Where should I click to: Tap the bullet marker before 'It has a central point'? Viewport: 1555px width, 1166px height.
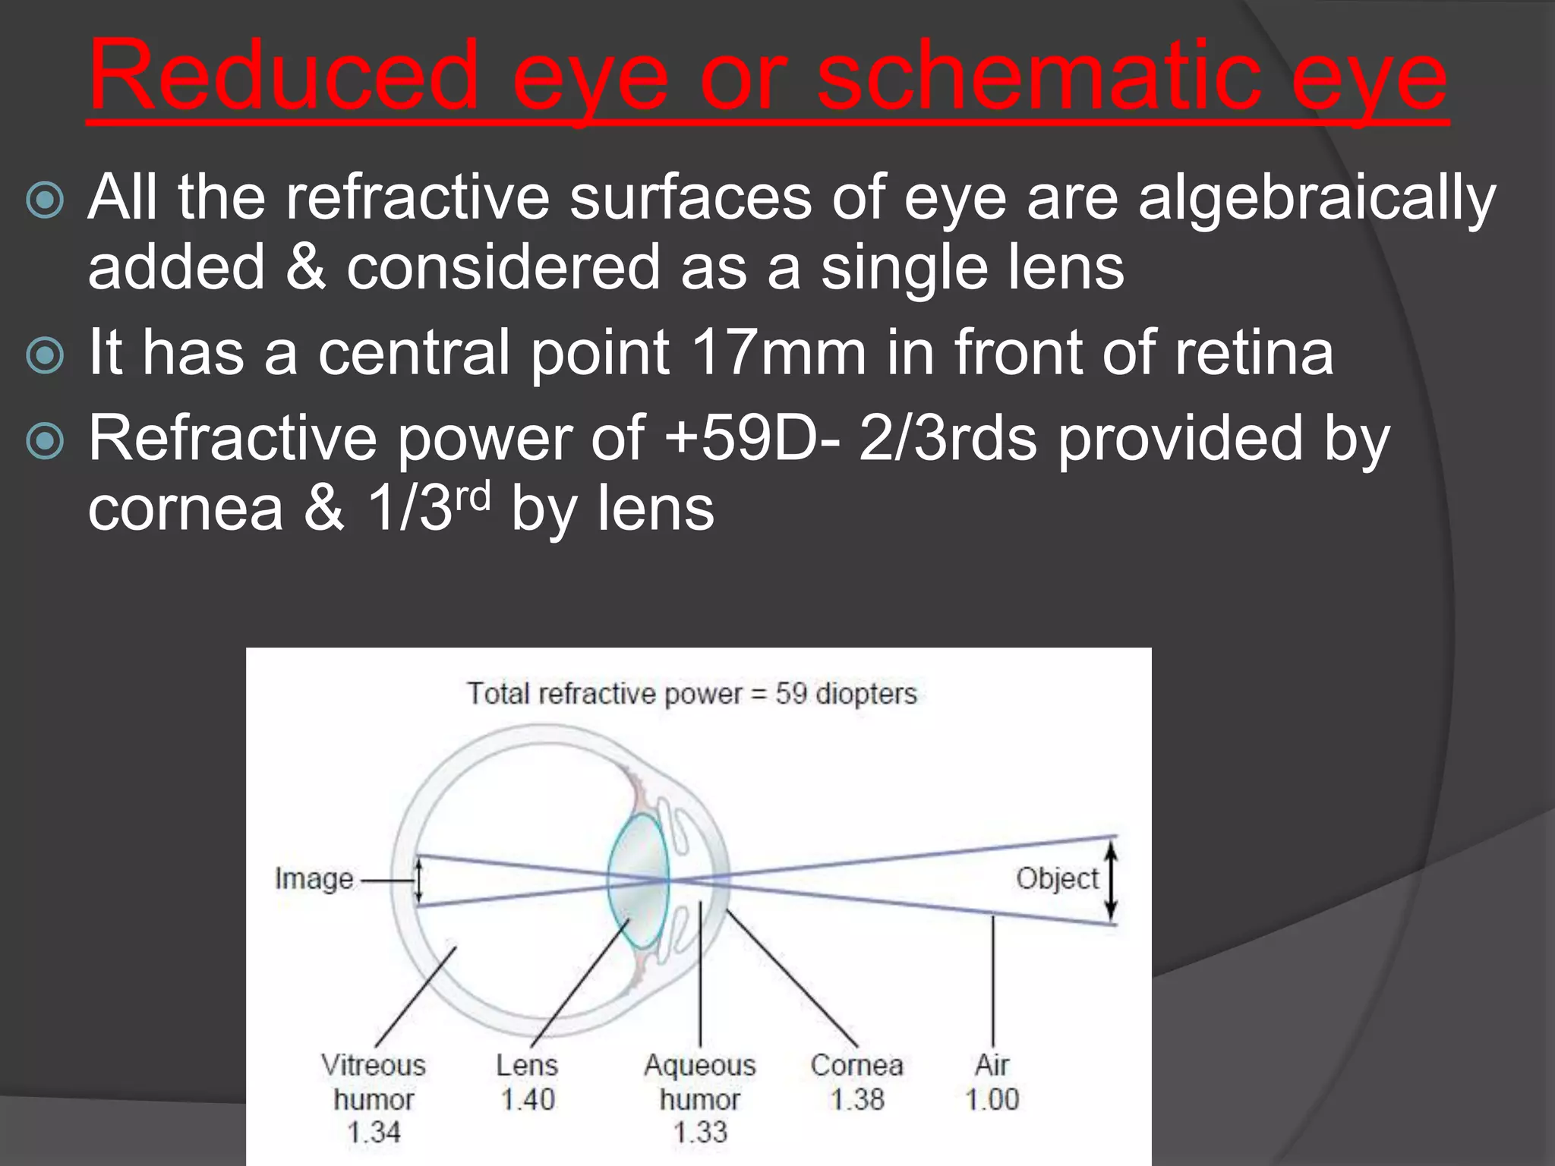coord(46,355)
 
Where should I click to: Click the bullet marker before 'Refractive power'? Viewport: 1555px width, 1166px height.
coord(46,441)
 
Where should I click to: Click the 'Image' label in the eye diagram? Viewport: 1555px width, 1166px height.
coord(314,879)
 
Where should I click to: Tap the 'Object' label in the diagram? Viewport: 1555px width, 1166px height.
coord(1057,879)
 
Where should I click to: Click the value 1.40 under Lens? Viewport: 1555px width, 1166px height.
coord(528,1099)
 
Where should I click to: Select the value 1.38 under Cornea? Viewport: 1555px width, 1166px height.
coord(857,1099)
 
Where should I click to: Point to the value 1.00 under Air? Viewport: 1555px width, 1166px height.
coord(992,1099)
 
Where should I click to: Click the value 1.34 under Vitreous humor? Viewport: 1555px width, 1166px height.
coord(374,1133)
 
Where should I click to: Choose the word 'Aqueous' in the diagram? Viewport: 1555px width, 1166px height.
coord(700,1066)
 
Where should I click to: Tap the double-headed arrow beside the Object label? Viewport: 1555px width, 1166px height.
coord(1111,881)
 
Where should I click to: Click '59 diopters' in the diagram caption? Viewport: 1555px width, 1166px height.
coord(846,694)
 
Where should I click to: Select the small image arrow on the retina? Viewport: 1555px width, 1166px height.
coord(418,881)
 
